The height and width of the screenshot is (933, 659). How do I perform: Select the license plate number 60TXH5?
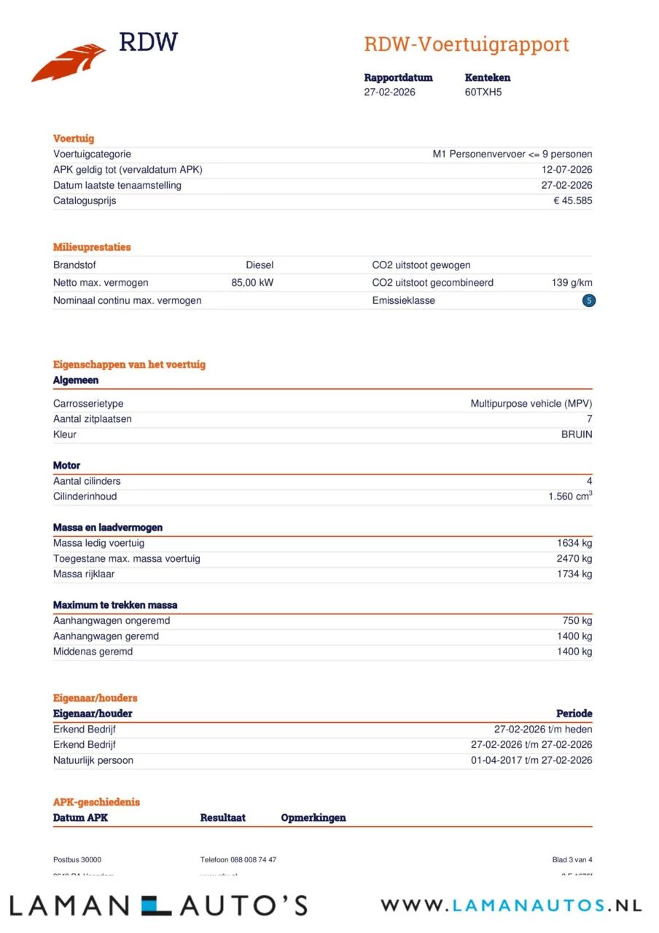(483, 93)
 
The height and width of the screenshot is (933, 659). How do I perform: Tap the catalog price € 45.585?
(572, 200)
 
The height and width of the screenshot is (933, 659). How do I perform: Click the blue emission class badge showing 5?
(589, 300)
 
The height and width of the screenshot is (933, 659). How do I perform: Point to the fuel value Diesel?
(260, 265)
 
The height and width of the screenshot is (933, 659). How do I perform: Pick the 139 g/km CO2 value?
(572, 283)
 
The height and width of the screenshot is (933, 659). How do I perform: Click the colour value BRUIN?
(576, 434)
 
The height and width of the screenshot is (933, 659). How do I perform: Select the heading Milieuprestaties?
(92, 247)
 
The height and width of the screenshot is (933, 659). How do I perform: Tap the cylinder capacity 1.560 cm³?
(570, 496)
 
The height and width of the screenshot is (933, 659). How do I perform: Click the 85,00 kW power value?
(252, 283)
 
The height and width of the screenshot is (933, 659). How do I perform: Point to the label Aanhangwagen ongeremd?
(112, 621)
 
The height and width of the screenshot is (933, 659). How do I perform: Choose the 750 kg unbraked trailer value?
(577, 621)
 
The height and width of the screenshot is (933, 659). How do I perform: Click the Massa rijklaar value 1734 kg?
(574, 574)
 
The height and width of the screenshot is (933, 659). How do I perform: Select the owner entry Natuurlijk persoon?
(93, 760)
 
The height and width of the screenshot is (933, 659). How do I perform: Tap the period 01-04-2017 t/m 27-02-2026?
(531, 760)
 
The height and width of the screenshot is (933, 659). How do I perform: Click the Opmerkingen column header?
(313, 818)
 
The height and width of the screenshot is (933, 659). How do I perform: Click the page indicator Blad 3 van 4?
(572, 860)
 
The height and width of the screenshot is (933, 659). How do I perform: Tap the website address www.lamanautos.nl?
(511, 905)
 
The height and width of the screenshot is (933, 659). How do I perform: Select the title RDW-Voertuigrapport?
(467, 44)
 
